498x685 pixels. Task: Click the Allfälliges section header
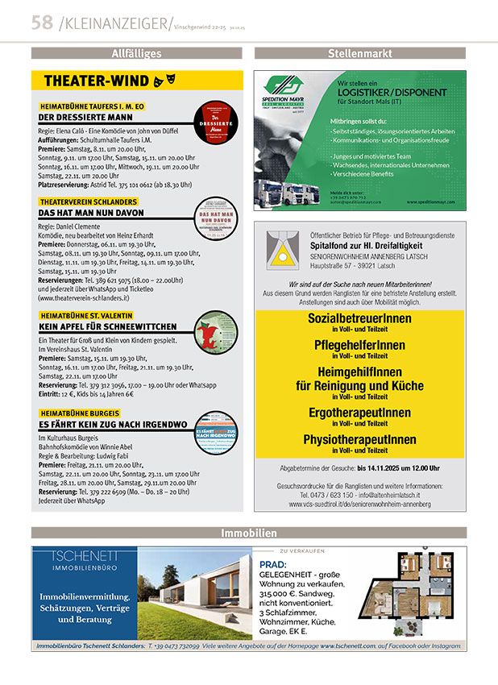(136, 53)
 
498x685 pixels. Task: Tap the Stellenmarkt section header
(359, 53)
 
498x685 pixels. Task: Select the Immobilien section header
(248, 533)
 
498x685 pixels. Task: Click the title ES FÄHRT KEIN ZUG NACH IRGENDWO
(113, 424)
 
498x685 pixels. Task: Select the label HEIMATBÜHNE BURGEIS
(84, 413)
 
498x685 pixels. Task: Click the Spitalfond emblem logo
(281, 250)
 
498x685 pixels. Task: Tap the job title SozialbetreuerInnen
(359, 318)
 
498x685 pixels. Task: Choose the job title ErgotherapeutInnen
(359, 413)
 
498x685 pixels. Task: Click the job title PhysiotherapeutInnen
(359, 440)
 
